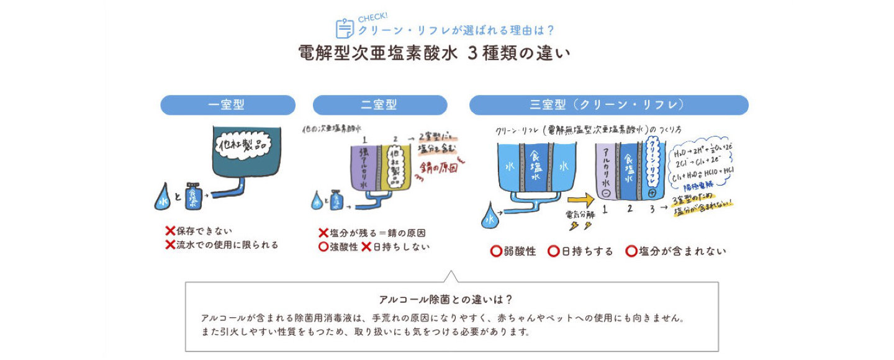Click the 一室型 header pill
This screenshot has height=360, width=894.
(227, 105)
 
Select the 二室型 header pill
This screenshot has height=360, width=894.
(379, 105)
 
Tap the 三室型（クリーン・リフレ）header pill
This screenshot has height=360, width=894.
(608, 105)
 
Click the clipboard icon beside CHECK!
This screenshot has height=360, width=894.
(345, 29)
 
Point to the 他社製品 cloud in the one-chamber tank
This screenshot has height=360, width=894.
(240, 147)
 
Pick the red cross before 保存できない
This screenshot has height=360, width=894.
(170, 231)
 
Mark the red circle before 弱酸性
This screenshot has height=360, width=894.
(496, 251)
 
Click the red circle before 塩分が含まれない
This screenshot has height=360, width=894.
(631, 251)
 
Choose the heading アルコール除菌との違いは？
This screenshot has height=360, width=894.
(446, 299)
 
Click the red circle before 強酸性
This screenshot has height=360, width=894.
(323, 246)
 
